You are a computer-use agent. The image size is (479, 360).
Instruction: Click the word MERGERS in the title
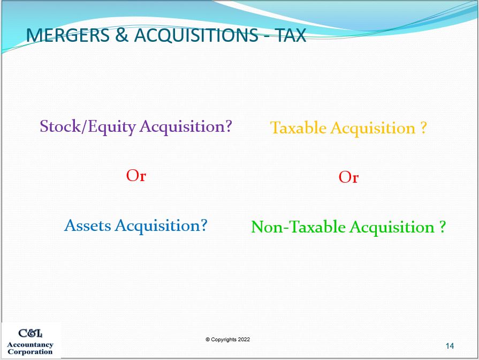(68, 35)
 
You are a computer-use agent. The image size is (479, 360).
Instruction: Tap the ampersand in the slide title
(122, 35)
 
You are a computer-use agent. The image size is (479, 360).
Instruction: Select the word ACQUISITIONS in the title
(196, 35)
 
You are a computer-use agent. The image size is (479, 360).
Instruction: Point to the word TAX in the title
(291, 35)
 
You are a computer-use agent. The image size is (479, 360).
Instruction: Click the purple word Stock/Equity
(88, 126)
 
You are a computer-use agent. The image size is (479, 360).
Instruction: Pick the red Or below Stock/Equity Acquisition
(136, 176)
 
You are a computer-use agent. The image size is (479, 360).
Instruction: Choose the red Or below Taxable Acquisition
(348, 177)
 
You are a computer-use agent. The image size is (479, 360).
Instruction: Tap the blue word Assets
(88, 226)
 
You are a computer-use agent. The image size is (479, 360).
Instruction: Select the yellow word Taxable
(298, 128)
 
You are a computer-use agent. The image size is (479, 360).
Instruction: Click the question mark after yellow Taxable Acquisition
(423, 127)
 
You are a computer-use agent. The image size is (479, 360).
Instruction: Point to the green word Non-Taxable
(298, 227)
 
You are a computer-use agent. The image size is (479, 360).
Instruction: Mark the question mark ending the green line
(443, 227)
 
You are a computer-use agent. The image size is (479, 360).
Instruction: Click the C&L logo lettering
(31, 333)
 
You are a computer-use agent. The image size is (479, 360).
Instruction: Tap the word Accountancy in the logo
(30, 345)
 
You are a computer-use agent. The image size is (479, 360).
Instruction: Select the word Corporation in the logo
(30, 352)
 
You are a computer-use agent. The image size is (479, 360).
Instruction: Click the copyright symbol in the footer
(208, 340)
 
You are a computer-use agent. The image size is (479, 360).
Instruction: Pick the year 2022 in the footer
(244, 340)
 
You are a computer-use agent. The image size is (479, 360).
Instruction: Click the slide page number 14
(450, 346)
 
